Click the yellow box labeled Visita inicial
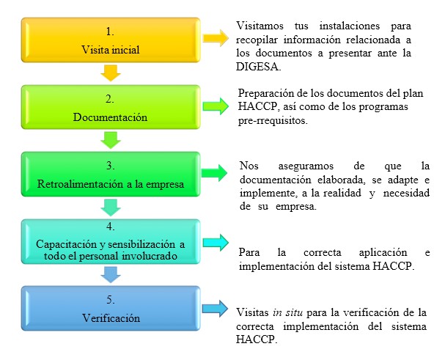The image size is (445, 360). [110, 41]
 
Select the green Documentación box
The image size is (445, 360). [110, 107]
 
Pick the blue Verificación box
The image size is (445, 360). [110, 309]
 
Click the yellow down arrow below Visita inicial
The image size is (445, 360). [110, 73]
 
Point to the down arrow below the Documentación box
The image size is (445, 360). [110, 139]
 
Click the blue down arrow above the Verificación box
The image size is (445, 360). [110, 273]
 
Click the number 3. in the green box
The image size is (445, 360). [110, 166]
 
